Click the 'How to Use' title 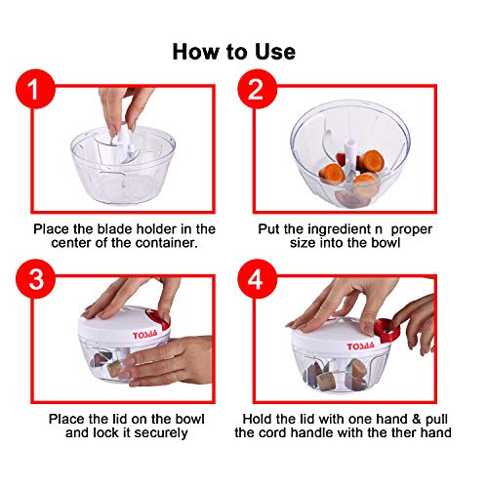click(234, 52)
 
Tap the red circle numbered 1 click(35, 89)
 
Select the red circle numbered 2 click(257, 89)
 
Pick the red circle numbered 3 click(35, 279)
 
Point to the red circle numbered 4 click(257, 279)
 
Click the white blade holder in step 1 click(124, 143)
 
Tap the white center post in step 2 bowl click(348, 156)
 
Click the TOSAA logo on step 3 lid click(145, 335)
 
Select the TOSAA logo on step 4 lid click(360, 346)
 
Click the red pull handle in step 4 click(387, 331)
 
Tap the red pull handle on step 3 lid click(158, 319)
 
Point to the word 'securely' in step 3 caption click(161, 433)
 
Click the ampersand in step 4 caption click(416, 419)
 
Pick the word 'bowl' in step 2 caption click(386, 243)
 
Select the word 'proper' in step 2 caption click(412, 229)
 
